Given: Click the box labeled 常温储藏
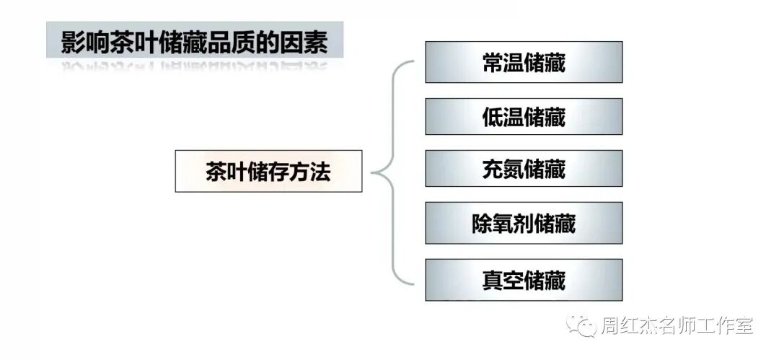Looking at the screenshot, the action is click(524, 62).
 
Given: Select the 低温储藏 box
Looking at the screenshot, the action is click(524, 116).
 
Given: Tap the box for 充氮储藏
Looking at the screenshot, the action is click(524, 170).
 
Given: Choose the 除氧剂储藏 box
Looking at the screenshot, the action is click(524, 224).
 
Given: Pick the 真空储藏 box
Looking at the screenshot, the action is click(524, 279).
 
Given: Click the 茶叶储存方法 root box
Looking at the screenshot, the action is click(268, 171).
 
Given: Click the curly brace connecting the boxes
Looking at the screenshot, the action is click(393, 172).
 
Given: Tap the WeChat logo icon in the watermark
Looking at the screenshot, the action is click(581, 326).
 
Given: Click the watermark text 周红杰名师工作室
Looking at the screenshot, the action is click(677, 327).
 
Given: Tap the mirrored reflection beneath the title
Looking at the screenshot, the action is click(195, 69).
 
